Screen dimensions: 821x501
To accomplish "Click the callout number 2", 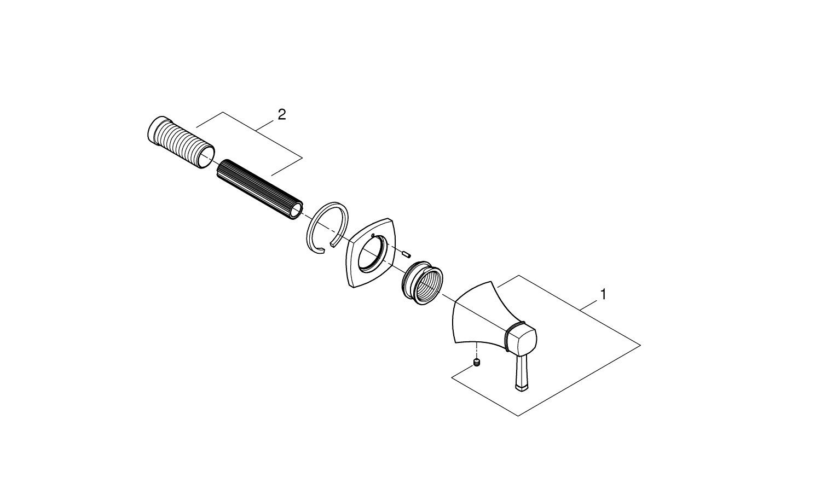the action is click(x=281, y=115).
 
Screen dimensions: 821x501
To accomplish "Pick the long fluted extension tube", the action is click(x=260, y=190).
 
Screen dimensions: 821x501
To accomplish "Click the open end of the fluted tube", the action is click(x=297, y=212).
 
